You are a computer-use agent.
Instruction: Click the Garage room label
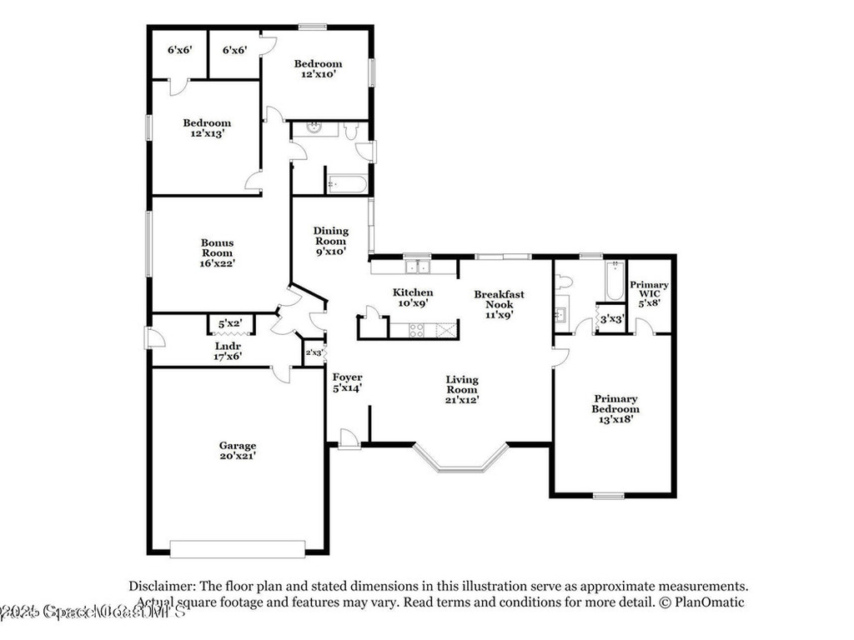point(238,451)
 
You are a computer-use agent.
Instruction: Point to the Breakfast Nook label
point(499,304)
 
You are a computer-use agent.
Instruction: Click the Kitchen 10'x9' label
point(413,297)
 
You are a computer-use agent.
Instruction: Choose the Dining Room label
point(330,241)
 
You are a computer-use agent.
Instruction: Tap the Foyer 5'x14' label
point(347,382)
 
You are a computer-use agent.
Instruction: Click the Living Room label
point(461,389)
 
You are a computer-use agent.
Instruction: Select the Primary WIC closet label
point(649,294)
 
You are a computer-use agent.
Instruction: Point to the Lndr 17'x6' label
point(227,351)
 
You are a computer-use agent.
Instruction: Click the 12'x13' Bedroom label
point(207,127)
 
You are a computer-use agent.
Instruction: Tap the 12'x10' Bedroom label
point(318,68)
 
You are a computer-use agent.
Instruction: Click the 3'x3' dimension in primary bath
point(611,318)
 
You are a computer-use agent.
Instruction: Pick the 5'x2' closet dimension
point(229,323)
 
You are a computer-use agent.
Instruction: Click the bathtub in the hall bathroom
point(346,183)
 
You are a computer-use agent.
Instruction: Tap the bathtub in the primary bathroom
point(615,281)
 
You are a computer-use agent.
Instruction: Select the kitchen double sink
point(417,267)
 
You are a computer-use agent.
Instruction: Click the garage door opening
point(238,549)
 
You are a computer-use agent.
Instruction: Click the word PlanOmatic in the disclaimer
point(711,602)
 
